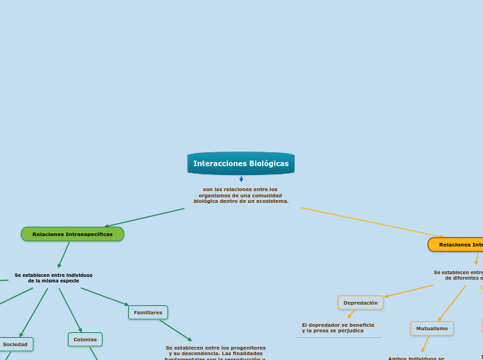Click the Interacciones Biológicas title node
pos(240,163)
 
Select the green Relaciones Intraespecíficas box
pos(72,234)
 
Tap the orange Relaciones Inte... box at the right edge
pos(456,244)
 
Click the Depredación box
pos(360,303)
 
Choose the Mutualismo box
pos(432,328)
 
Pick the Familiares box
pos(148,312)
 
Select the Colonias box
pos(85,339)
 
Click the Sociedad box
pos(15,344)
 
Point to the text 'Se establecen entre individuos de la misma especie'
pos(53,278)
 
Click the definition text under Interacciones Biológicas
pos(240,195)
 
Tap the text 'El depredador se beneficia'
pos(337,325)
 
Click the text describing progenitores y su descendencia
pos(216,352)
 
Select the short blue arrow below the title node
pos(241,179)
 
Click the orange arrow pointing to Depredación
pos(409,291)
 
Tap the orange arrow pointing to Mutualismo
pos(452,303)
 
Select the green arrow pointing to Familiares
pos(105,296)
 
